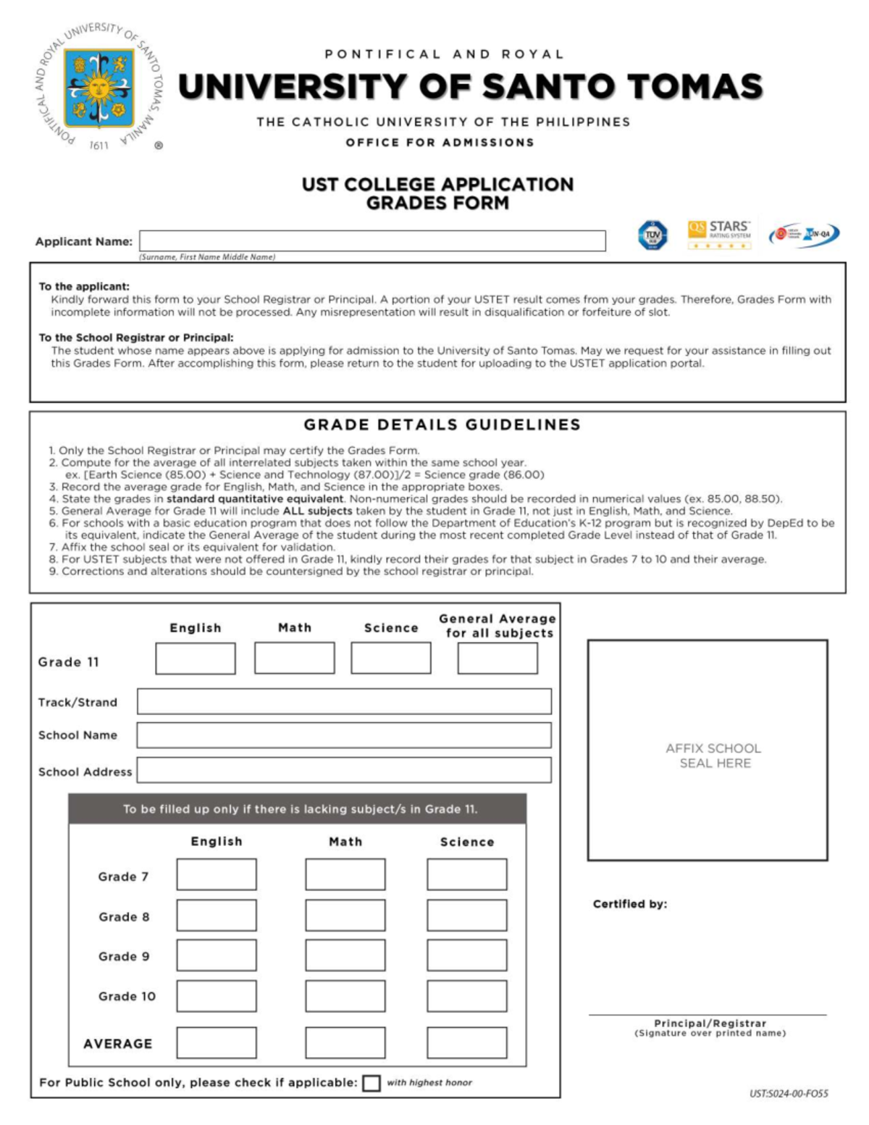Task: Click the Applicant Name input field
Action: tap(372, 241)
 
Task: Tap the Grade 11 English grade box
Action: tap(196, 658)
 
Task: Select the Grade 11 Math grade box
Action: tap(295, 658)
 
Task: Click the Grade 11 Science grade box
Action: tap(391, 658)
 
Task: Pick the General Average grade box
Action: tap(498, 658)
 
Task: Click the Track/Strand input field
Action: tap(344, 701)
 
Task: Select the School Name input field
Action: tap(344, 735)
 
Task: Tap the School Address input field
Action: tap(344, 770)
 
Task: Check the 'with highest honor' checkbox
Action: tap(371, 1083)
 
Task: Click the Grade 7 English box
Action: tap(217, 874)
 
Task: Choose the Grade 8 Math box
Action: tap(345, 915)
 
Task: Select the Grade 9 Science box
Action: tap(467, 955)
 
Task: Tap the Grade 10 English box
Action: tap(217, 996)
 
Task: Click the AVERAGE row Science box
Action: tap(467, 1043)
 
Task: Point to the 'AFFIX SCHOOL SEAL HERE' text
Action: tap(714, 756)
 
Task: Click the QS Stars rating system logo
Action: tap(719, 235)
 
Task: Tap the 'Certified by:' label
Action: tap(630, 904)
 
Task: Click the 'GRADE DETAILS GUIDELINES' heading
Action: tap(442, 425)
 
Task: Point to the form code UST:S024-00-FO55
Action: tap(789, 1094)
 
